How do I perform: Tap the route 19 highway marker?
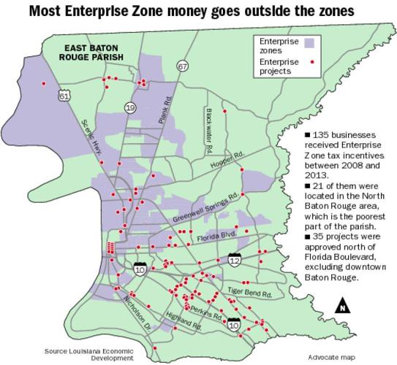click(x=131, y=107)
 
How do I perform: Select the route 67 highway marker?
click(x=181, y=66)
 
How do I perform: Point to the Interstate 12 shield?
click(x=234, y=260)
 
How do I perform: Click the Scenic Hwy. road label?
click(x=92, y=135)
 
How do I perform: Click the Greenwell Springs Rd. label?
click(x=206, y=210)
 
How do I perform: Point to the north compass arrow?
click(x=341, y=305)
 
